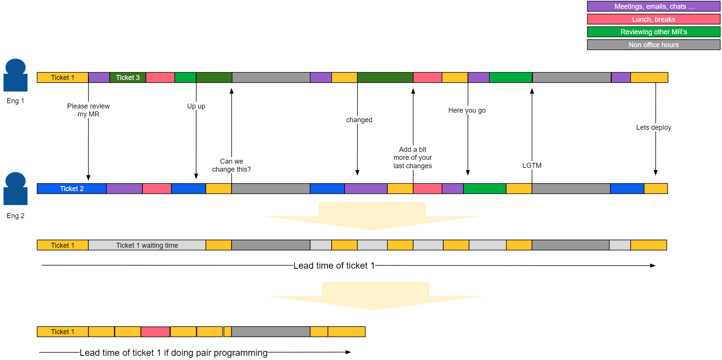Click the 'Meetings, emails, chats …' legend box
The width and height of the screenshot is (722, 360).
tap(653, 6)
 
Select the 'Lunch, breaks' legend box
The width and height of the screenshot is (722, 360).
tap(653, 19)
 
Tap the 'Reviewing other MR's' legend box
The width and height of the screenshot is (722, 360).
tap(653, 32)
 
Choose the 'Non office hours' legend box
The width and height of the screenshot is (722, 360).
tap(653, 45)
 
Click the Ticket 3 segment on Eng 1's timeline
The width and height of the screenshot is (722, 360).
tap(128, 78)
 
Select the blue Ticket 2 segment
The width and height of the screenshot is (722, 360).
tap(72, 189)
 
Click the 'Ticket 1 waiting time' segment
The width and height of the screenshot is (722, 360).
tap(147, 245)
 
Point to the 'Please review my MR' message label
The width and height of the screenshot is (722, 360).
tap(88, 110)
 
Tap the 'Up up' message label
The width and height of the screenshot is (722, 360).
tap(196, 106)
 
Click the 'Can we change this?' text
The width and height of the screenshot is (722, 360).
tap(232, 165)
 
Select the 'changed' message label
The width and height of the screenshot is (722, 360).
tap(359, 120)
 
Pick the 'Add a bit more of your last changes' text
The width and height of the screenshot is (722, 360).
tap(413, 158)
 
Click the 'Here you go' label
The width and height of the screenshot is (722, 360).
tap(467, 110)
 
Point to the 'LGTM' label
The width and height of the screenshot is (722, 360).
tap(532, 166)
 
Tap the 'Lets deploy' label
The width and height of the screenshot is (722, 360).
tap(653, 127)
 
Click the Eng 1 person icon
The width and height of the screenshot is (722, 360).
tap(16, 75)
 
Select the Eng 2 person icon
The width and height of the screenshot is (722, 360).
tap(16, 189)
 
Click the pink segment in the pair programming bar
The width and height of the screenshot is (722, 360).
tap(155, 332)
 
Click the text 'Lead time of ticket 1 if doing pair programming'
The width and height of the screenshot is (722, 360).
tap(173, 353)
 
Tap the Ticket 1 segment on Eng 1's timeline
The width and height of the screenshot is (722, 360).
tap(62, 78)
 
